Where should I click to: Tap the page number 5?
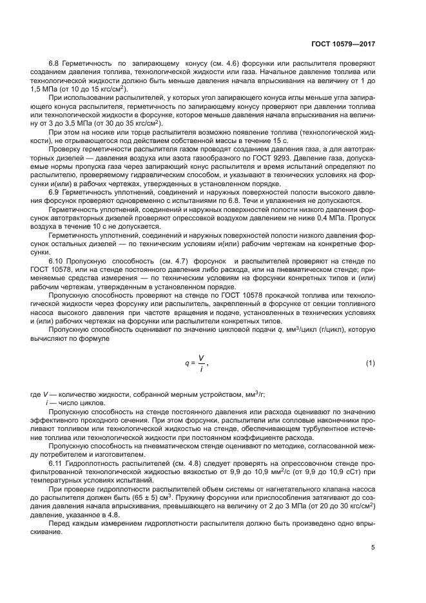click(x=373, y=548)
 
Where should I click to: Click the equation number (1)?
click(x=370, y=363)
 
